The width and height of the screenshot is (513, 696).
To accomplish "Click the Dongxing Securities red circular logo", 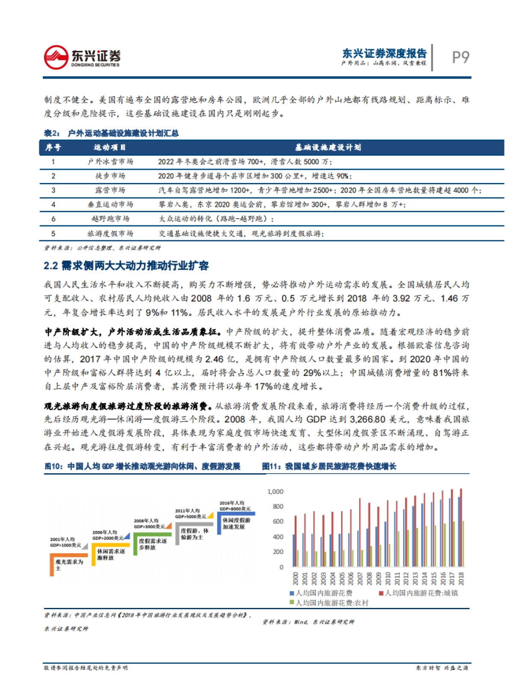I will click(x=56, y=57).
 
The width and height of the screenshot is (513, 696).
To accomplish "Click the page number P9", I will click(x=460, y=57).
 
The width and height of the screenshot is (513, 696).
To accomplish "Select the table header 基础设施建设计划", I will click(x=328, y=147).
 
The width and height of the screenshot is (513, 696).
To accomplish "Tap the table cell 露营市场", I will click(x=110, y=190).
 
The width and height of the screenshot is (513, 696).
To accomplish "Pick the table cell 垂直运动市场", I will click(x=110, y=204).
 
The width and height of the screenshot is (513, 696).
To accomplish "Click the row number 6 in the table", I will click(x=53, y=219).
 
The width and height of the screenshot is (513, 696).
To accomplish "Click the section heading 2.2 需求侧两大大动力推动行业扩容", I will click(x=126, y=266).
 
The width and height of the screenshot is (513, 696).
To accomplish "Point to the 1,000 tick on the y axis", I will click(x=275, y=492).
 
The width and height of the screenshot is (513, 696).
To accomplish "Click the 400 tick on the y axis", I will click(x=278, y=537).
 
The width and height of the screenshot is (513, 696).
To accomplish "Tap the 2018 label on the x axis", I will click(x=461, y=578).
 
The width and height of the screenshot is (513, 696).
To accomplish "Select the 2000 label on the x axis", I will click(x=295, y=578).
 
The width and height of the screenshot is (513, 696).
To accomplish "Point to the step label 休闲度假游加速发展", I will click(x=236, y=523).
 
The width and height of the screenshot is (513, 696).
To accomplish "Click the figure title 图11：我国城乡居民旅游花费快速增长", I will click(x=329, y=466).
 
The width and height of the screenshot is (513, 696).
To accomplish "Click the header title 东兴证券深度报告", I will click(x=384, y=53).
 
